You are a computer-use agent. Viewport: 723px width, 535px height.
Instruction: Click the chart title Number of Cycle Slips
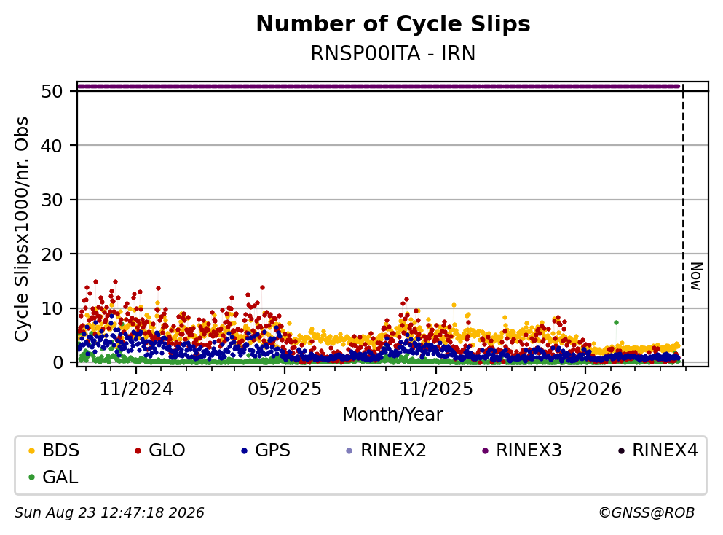pyautogui.click(x=393, y=24)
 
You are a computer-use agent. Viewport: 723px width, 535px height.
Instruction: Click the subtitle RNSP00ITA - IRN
pyautogui.click(x=393, y=53)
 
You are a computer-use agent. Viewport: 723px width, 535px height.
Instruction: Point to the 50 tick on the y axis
pyautogui.click(x=52, y=91)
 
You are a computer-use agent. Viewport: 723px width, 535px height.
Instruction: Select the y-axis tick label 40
pyautogui.click(x=52, y=146)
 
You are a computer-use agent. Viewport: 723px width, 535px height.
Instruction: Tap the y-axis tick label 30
pyautogui.click(x=52, y=200)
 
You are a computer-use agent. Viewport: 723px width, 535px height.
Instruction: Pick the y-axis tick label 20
pyautogui.click(x=52, y=254)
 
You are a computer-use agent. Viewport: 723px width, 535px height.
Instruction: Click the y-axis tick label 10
pyautogui.click(x=52, y=308)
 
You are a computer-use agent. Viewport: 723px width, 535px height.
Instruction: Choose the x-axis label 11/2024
pyautogui.click(x=136, y=389)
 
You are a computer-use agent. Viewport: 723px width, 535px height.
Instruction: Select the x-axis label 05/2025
pyautogui.click(x=285, y=389)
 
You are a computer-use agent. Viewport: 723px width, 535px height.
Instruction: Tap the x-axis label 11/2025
pyautogui.click(x=436, y=389)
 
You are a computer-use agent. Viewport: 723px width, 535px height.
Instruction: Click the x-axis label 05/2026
pyautogui.click(x=585, y=389)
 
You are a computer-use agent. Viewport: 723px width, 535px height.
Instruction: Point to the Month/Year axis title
pyautogui.click(x=393, y=415)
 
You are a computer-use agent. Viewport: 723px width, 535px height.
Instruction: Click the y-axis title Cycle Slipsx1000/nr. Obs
pyautogui.click(x=22, y=230)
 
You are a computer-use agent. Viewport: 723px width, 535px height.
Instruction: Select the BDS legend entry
pyautogui.click(x=54, y=450)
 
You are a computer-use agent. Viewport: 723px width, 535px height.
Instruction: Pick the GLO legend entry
pyautogui.click(x=160, y=450)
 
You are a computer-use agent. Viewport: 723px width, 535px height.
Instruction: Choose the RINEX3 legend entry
pyautogui.click(x=522, y=450)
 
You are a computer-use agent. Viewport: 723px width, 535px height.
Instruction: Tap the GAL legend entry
pyautogui.click(x=53, y=477)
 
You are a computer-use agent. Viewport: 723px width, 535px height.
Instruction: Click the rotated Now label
pyautogui.click(x=696, y=276)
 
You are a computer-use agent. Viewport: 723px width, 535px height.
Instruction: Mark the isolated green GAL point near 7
pyautogui.click(x=616, y=323)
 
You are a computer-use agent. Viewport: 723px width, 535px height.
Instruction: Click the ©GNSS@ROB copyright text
pyautogui.click(x=647, y=512)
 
